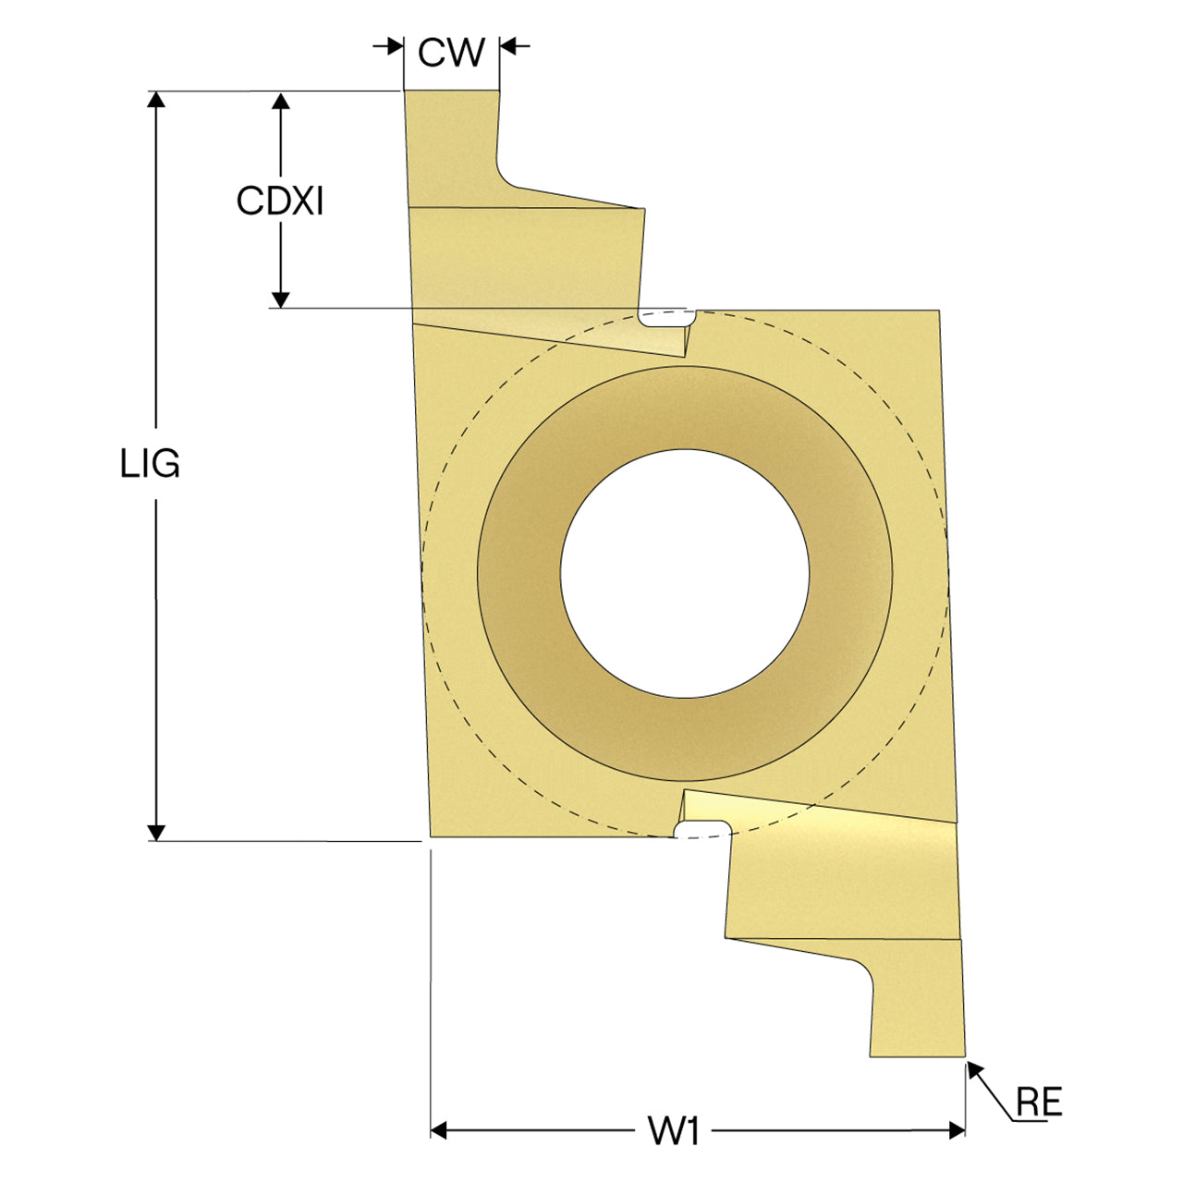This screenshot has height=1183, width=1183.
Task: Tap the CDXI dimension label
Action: pyautogui.click(x=280, y=201)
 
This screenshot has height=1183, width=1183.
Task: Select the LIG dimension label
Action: pyautogui.click(x=150, y=464)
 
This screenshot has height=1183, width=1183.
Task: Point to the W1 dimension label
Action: pyautogui.click(x=674, y=1130)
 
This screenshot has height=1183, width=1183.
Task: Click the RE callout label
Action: pyautogui.click(x=1039, y=1102)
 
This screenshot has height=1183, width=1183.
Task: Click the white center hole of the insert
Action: pyautogui.click(x=685, y=573)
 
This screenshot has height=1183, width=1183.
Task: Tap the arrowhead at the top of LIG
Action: pyautogui.click(x=156, y=99)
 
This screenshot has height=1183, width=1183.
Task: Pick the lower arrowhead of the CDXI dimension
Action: pyautogui.click(x=281, y=299)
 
